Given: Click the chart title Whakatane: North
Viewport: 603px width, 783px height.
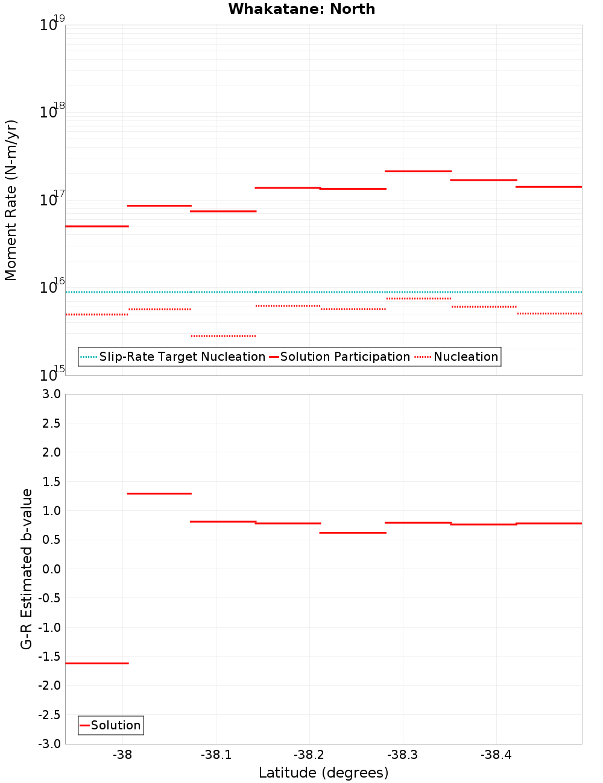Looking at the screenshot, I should pyautogui.click(x=301, y=9).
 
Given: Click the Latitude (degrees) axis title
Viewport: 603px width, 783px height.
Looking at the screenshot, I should pyautogui.click(x=323, y=773).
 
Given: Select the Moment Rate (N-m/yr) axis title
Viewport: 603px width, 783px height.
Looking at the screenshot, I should pyautogui.click(x=11, y=200).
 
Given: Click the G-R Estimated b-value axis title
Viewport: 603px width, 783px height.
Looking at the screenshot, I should pyautogui.click(x=27, y=569).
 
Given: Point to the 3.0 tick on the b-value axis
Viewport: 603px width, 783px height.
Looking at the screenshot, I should pyautogui.click(x=51, y=394).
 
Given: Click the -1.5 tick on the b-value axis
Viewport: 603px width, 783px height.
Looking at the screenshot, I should pyautogui.click(x=49, y=657).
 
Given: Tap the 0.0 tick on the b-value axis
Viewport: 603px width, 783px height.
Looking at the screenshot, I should pyautogui.click(x=51, y=569).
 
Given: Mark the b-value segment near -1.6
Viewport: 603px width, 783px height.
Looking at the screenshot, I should pyautogui.click(x=96, y=663).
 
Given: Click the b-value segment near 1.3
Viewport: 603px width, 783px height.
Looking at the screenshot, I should pyautogui.click(x=159, y=493).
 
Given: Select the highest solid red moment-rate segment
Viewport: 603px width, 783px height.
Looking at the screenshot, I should pyautogui.click(x=418, y=171).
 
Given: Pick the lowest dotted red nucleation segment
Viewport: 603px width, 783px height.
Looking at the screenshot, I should pyautogui.click(x=223, y=335).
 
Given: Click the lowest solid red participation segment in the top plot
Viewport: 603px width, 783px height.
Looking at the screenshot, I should pyautogui.click(x=96, y=226).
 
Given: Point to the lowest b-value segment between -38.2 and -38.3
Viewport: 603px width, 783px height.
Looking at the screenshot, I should pyautogui.click(x=353, y=532).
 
